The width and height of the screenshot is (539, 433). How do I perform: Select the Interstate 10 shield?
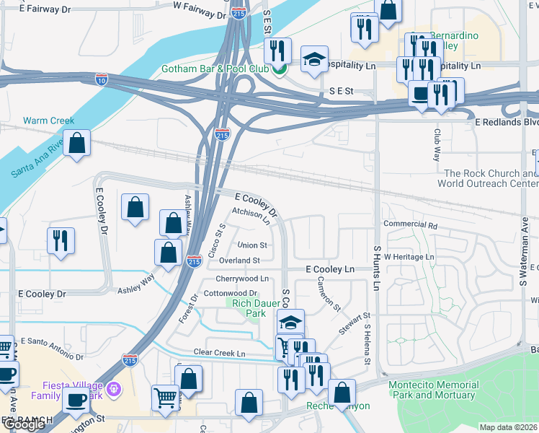pos(103,78)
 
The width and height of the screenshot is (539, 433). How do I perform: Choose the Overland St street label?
pos(239,261)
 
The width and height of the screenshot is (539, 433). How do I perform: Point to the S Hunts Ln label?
pos(376,267)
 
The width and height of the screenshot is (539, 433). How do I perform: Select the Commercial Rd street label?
pos(411,225)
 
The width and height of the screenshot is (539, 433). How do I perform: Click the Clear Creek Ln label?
pos(219,353)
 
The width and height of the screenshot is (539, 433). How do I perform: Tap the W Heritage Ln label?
pos(409,257)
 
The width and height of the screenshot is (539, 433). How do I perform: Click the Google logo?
pos(23,424)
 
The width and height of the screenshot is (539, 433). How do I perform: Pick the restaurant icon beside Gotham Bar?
pos(277,51)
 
